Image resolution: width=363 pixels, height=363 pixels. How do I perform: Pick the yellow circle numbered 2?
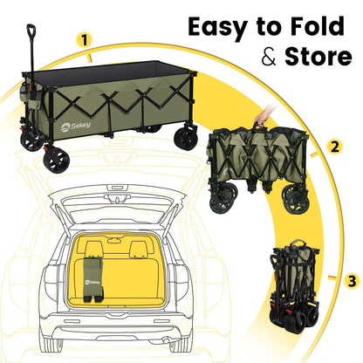pyautogui.click(x=334, y=147)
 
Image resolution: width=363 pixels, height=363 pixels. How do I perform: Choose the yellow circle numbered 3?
pyautogui.click(x=350, y=281)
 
